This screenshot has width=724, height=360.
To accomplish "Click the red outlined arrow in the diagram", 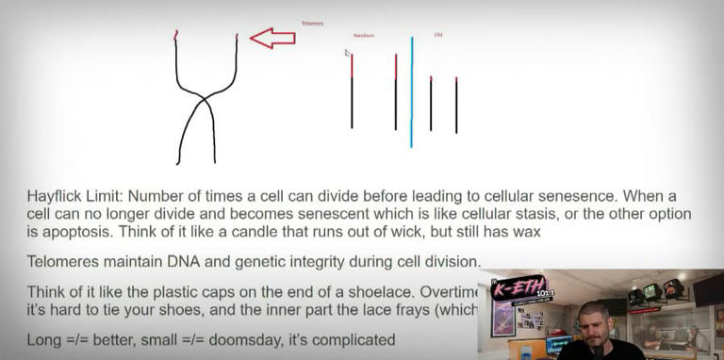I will point(271,38).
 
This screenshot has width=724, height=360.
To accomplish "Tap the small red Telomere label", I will point(312,23).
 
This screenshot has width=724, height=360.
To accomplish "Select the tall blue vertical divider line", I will point(411,91).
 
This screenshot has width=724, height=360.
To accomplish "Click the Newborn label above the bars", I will point(364,36).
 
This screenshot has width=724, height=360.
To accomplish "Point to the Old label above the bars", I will point(437,35).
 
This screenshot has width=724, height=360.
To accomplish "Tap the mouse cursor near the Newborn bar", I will point(347,54).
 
